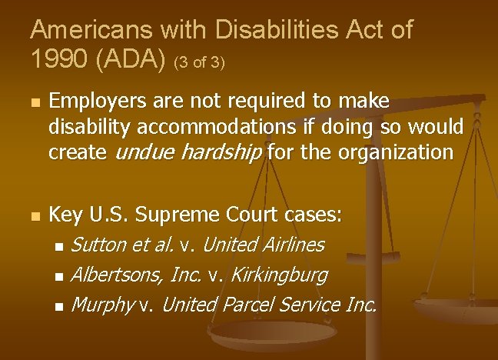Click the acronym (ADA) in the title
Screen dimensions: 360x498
coord(133,59)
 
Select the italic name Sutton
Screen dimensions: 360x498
coord(98,245)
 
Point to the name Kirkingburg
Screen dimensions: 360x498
coord(279,275)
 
